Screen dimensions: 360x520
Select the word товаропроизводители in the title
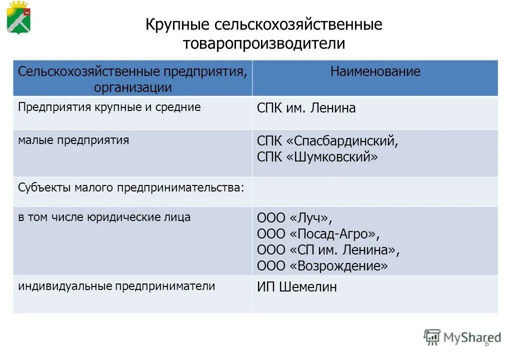point(263,43)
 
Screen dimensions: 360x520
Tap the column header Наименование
point(375,71)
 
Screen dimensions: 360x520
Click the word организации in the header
point(132,88)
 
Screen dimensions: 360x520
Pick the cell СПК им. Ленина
point(306,108)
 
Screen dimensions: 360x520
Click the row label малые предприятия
point(73,140)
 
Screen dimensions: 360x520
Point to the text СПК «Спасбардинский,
point(327,141)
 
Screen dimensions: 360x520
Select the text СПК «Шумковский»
point(317,157)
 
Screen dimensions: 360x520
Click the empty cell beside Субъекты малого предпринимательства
point(375,191)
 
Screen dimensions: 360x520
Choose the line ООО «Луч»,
point(294,218)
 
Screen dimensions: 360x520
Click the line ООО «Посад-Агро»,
point(318,233)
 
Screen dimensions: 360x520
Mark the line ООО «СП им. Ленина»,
point(328,249)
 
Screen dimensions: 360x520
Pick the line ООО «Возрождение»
point(322,265)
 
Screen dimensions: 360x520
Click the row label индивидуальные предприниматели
point(116,286)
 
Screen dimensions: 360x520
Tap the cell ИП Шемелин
point(296,287)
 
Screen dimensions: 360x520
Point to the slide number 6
point(486,344)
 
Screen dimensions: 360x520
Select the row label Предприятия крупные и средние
point(109,107)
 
